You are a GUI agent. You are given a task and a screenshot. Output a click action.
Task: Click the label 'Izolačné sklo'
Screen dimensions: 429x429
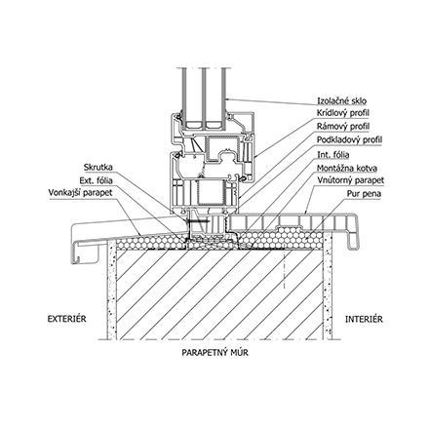[341, 101]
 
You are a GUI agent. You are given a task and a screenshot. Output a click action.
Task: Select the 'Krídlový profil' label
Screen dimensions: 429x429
[343, 113]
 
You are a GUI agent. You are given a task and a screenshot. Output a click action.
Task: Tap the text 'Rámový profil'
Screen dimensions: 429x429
[343, 127]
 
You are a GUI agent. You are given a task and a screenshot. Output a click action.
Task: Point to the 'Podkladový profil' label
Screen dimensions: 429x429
[350, 140]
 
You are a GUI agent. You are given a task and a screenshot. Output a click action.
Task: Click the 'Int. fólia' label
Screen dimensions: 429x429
[333, 155]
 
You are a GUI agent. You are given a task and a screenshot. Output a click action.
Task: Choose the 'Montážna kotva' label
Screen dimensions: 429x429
[347, 169]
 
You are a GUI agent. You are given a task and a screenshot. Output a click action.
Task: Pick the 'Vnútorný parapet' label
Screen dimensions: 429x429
[351, 180]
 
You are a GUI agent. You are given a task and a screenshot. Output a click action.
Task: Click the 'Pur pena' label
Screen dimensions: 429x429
[364, 194]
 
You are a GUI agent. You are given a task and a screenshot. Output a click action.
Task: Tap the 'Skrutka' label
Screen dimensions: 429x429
[98, 168]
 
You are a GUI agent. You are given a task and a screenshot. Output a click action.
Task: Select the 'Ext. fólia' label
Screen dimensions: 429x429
[97, 180]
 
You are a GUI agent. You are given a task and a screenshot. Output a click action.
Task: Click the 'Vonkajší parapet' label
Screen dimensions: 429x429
[80, 193]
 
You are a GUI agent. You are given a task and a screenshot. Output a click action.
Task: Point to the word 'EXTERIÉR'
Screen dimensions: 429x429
[67, 319]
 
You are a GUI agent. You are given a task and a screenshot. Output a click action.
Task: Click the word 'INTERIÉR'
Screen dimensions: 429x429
[364, 319]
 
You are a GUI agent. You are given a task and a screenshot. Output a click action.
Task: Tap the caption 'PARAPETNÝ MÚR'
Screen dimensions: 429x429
[214, 353]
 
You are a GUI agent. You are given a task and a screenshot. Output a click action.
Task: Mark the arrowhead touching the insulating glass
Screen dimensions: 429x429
[228, 98]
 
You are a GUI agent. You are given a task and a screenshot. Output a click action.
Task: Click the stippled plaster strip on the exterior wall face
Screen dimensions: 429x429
[112, 291]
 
